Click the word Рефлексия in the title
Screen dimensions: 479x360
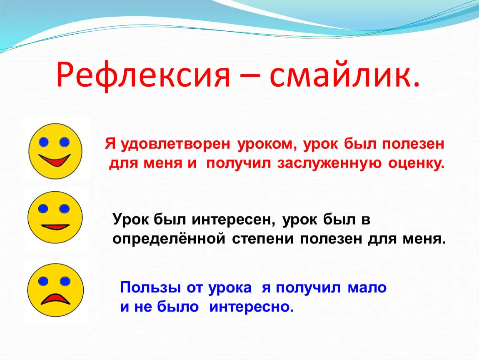click(143, 75)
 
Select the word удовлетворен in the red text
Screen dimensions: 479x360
click(175, 144)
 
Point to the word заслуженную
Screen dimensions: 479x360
click(329, 163)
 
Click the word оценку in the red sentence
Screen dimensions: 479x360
click(416, 163)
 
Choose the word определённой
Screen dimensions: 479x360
click(169, 238)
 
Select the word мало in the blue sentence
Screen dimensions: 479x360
click(367, 287)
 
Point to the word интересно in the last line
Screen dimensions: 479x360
click(251, 307)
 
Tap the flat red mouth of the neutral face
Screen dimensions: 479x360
click(55, 227)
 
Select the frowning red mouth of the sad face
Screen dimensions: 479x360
click(55, 299)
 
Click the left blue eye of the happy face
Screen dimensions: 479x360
click(44, 142)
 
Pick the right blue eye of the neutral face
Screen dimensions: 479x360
click(65, 209)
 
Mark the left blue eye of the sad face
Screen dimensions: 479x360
click(44, 281)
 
